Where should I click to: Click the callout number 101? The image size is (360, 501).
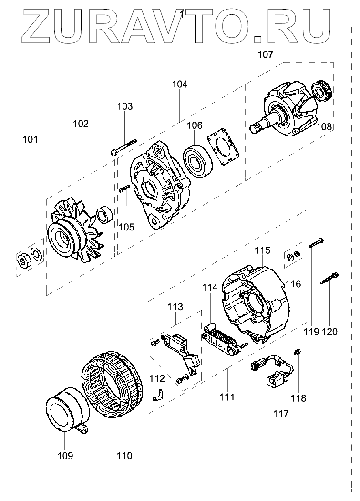click(x=30, y=140)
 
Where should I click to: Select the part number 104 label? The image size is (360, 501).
click(x=180, y=84)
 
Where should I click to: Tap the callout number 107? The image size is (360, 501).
click(x=266, y=54)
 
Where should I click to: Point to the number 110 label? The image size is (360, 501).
click(x=124, y=456)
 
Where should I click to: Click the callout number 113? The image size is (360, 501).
click(x=175, y=306)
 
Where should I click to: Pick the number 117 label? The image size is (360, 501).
click(x=281, y=414)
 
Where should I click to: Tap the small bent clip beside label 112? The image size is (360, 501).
click(x=158, y=395)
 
